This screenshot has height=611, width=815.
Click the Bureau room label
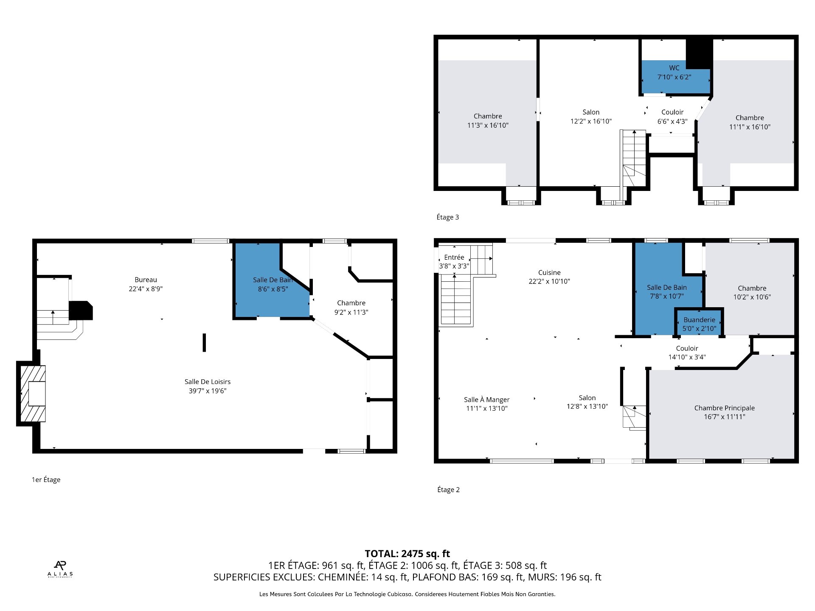point(146,280)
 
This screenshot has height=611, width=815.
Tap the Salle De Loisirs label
point(208,382)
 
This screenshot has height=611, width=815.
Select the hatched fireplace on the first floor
point(33,393)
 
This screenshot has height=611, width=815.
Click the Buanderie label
point(699,320)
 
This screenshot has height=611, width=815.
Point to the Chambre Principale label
point(725,408)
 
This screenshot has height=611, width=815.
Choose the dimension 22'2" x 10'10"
point(549,281)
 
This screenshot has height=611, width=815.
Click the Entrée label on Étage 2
point(454,257)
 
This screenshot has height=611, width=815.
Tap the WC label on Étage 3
point(674,68)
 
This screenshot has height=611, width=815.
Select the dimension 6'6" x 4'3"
point(672,121)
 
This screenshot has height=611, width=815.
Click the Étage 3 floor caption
point(448,217)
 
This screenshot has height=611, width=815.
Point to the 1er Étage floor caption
point(46,480)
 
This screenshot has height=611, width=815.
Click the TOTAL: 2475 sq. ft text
point(407,554)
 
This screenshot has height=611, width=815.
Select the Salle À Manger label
point(486,400)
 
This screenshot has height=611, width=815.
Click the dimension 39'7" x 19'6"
point(208,391)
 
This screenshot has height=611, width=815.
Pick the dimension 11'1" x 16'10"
point(750,127)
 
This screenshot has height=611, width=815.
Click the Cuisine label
point(549,272)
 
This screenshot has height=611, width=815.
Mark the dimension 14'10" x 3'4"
point(687,357)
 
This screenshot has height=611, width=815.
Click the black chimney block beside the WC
point(699,53)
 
